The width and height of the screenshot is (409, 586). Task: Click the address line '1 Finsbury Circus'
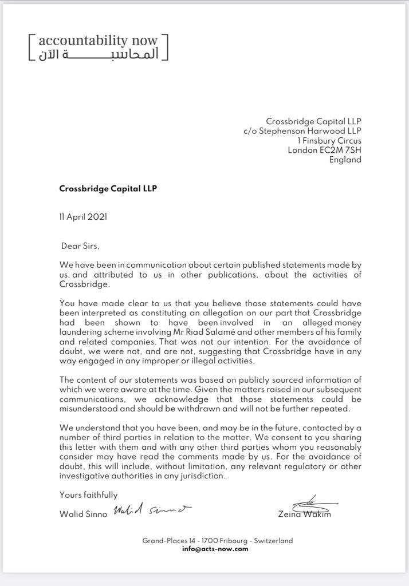[x=329, y=141]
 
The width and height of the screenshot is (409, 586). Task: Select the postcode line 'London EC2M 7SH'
[x=324, y=151]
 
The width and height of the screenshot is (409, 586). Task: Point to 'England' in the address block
[x=345, y=160]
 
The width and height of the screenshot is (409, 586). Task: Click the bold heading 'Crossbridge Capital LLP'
[x=108, y=188]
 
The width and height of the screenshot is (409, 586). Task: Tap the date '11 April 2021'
[x=83, y=217]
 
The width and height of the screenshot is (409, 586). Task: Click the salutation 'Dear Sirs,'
[x=80, y=246]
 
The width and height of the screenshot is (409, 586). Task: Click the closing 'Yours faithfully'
[x=88, y=495]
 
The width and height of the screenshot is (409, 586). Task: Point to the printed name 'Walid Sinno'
[x=83, y=514]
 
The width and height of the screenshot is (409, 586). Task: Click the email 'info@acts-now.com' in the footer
[x=215, y=549]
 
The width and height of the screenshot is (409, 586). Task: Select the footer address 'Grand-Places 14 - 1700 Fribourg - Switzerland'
[x=218, y=541]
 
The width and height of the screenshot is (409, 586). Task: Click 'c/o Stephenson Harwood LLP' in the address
[x=302, y=131]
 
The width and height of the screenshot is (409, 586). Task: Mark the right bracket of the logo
[x=165, y=47]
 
